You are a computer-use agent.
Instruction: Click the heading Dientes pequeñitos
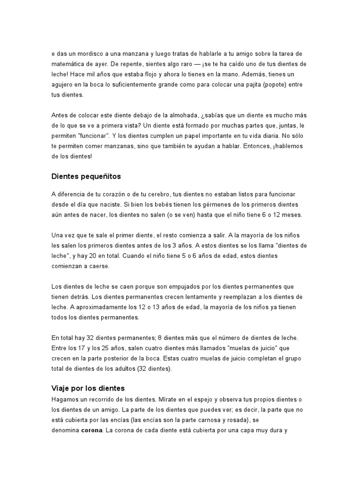pyautogui.click(x=86, y=177)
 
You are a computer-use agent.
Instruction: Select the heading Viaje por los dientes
pyautogui.click(x=87, y=388)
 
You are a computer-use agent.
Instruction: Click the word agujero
pyautogui.click(x=65, y=84)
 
